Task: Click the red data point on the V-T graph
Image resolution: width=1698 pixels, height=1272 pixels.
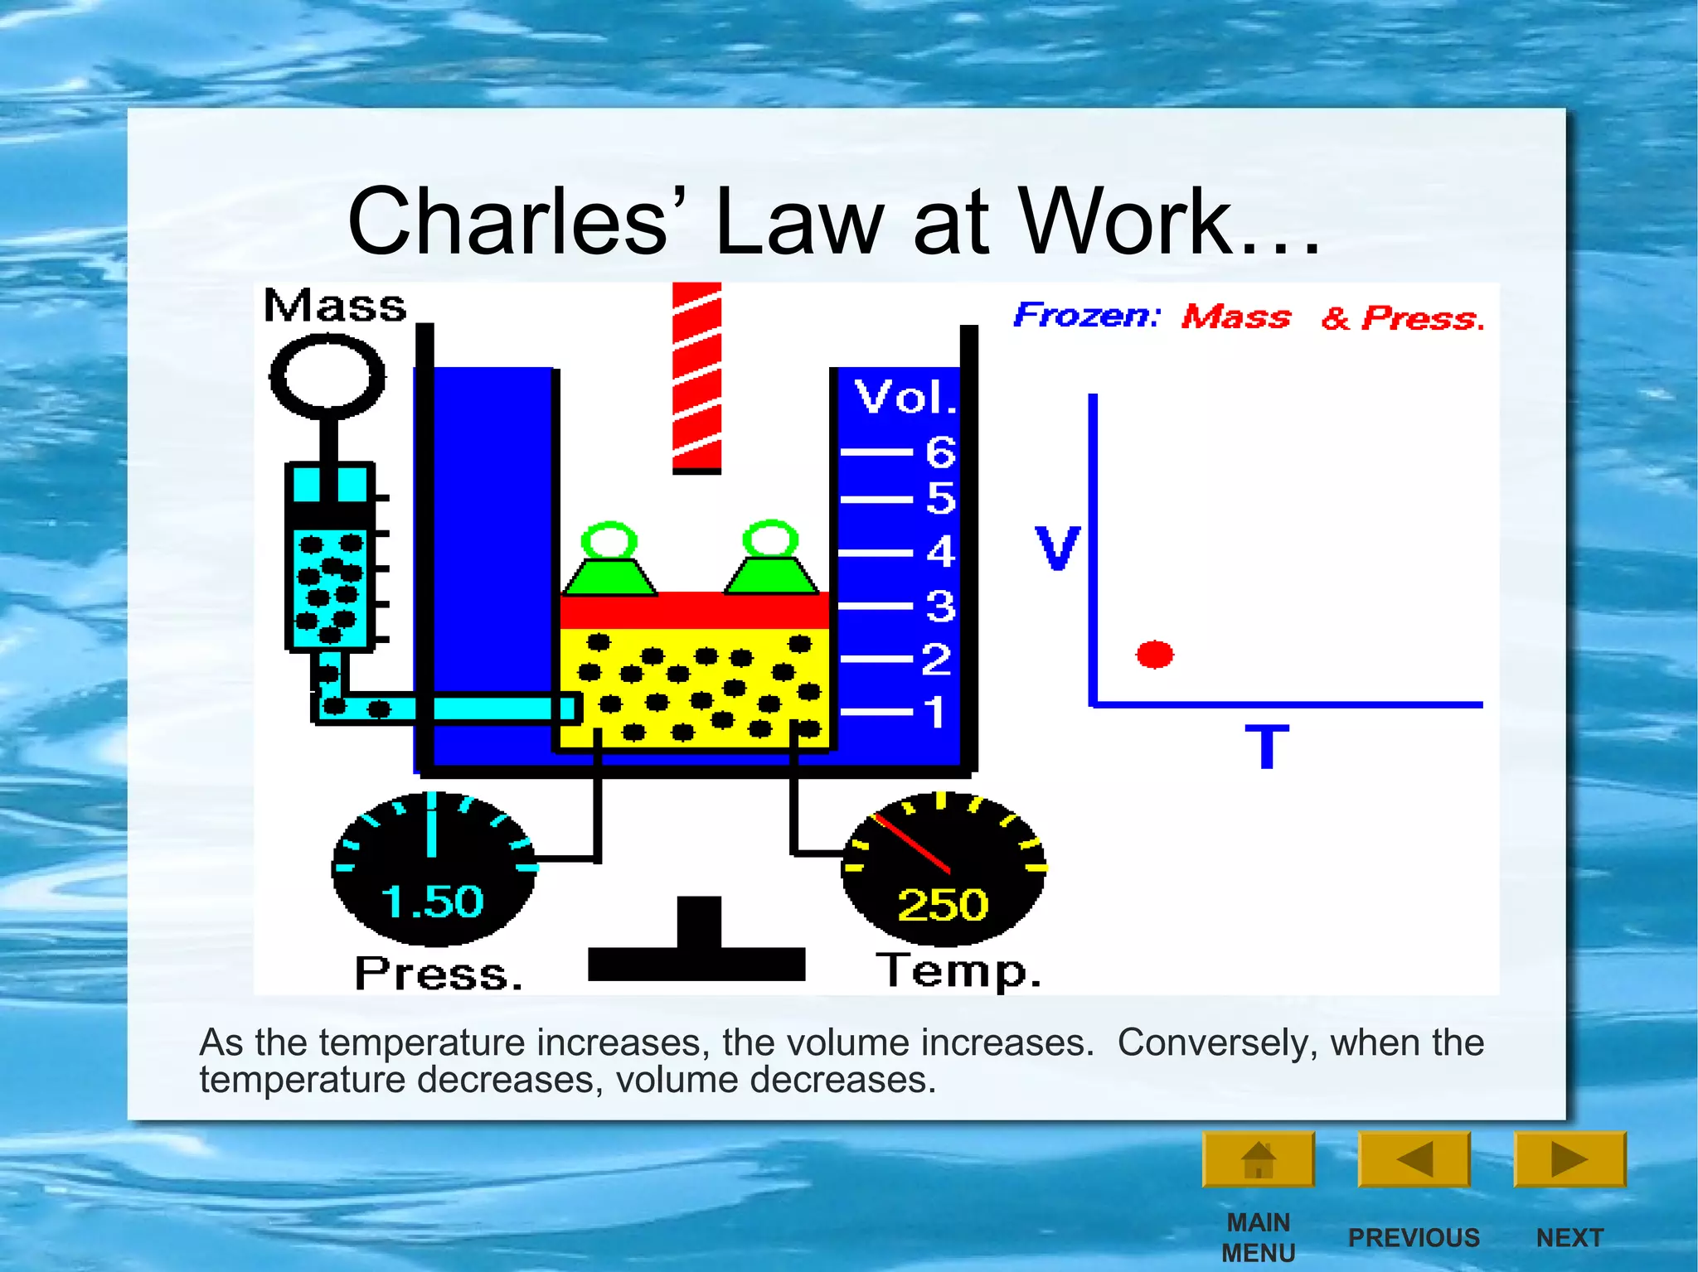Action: [x=1154, y=655]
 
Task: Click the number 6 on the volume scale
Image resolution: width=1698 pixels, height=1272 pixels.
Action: [x=940, y=452]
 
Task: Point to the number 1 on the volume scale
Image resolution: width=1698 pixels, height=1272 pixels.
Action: [x=935, y=712]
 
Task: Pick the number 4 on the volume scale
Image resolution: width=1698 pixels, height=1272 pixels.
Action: [x=940, y=552]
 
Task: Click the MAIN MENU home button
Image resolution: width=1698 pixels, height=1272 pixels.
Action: [x=1258, y=1159]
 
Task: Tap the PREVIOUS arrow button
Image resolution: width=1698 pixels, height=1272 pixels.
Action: [x=1414, y=1159]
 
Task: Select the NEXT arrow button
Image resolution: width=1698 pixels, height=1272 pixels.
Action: [x=1569, y=1159]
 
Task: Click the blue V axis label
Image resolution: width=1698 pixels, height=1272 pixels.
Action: [x=1057, y=548]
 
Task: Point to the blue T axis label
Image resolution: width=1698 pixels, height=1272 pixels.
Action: [x=1266, y=747]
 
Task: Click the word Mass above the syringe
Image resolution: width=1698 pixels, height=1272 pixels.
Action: [x=335, y=306]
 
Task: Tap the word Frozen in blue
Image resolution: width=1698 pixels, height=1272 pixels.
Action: [x=1086, y=316]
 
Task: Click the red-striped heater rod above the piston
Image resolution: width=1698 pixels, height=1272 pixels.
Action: [x=696, y=377]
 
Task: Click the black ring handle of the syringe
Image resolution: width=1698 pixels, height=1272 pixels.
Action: [x=327, y=375]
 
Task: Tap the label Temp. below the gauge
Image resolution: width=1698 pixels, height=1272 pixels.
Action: [x=958, y=970]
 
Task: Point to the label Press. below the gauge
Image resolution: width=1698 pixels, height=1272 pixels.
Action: [x=439, y=974]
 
